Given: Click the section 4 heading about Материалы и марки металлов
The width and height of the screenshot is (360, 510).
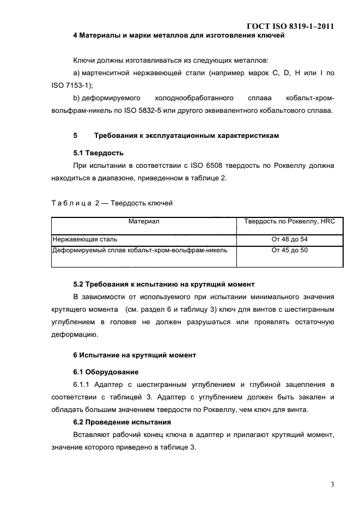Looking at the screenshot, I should (179, 36).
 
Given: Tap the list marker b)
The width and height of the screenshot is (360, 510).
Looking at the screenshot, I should (77, 99).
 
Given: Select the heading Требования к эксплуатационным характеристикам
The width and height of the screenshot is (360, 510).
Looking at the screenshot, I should (186, 136).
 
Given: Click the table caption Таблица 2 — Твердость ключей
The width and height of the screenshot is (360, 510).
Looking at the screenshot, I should (112, 203).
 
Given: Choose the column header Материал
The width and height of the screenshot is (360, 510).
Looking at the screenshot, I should (144, 222).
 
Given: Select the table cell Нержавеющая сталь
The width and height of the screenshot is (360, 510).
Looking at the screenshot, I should (84, 239).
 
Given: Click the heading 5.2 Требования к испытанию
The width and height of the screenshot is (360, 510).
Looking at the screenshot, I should (164, 284).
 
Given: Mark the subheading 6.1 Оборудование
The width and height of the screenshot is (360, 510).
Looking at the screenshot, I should (106, 372).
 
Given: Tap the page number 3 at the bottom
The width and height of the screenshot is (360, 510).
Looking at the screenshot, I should (332, 483).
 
